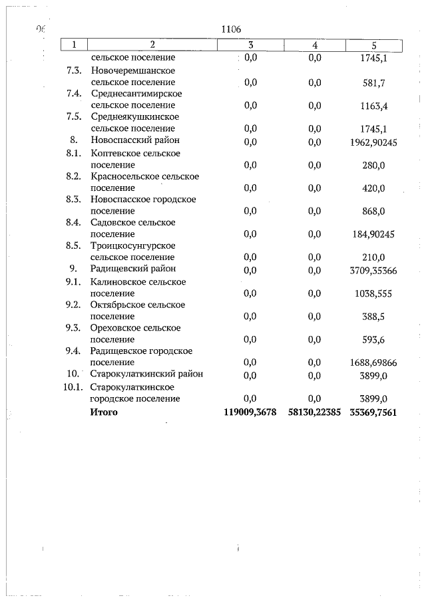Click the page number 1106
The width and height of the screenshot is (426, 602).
pos(230,29)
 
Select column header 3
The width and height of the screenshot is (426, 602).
pos(250,45)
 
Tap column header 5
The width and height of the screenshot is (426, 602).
pos(373,45)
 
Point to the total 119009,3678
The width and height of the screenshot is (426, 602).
pos(250,412)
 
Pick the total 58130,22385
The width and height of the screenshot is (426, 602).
pos(315,412)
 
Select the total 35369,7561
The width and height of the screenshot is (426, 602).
pos(373,412)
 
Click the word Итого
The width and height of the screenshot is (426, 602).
pos(104,412)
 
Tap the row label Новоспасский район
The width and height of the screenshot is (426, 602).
pos(135,140)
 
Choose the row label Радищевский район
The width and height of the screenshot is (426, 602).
pos(133,269)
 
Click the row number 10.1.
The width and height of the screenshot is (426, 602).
pos(72,386)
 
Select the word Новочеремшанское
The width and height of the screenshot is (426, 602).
pos(133,71)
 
